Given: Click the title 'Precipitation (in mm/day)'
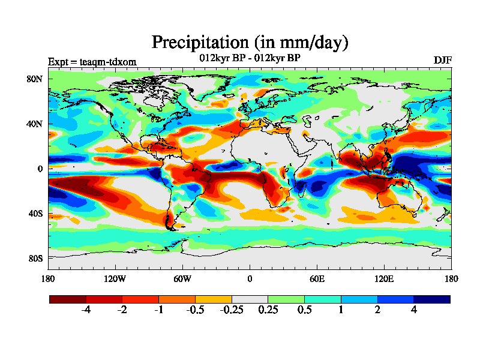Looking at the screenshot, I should point(250,43).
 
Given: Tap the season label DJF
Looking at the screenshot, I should point(442,61).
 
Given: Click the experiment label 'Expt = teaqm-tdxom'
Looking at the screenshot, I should point(92,62).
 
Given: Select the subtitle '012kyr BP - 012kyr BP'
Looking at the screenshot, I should point(250,58).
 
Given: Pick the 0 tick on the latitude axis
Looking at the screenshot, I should point(40,169).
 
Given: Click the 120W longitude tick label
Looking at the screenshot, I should point(115,278).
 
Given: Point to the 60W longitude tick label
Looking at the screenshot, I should point(182,278).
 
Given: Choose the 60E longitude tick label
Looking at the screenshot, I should point(317,278).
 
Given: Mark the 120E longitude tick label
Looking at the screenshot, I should point(384,278).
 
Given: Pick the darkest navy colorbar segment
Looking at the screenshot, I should point(431,299).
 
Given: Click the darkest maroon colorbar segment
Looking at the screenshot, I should point(68,299).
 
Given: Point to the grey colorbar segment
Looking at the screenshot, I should point(250,299).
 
